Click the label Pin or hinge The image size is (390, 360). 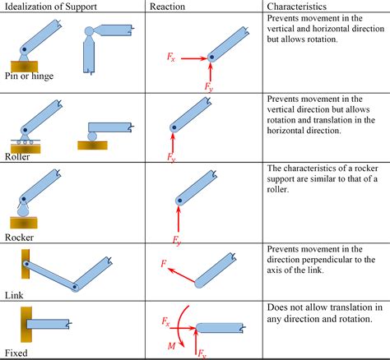[28, 76]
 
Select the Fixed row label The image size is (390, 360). [15, 353]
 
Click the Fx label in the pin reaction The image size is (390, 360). [169, 58]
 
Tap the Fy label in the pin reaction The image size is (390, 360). [209, 85]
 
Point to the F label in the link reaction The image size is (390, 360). [165, 265]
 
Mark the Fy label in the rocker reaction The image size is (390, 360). [176, 241]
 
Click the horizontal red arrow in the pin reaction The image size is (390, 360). [192, 59]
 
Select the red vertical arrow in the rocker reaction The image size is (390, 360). [176, 217]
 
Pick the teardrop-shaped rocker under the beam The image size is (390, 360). [22, 210]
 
